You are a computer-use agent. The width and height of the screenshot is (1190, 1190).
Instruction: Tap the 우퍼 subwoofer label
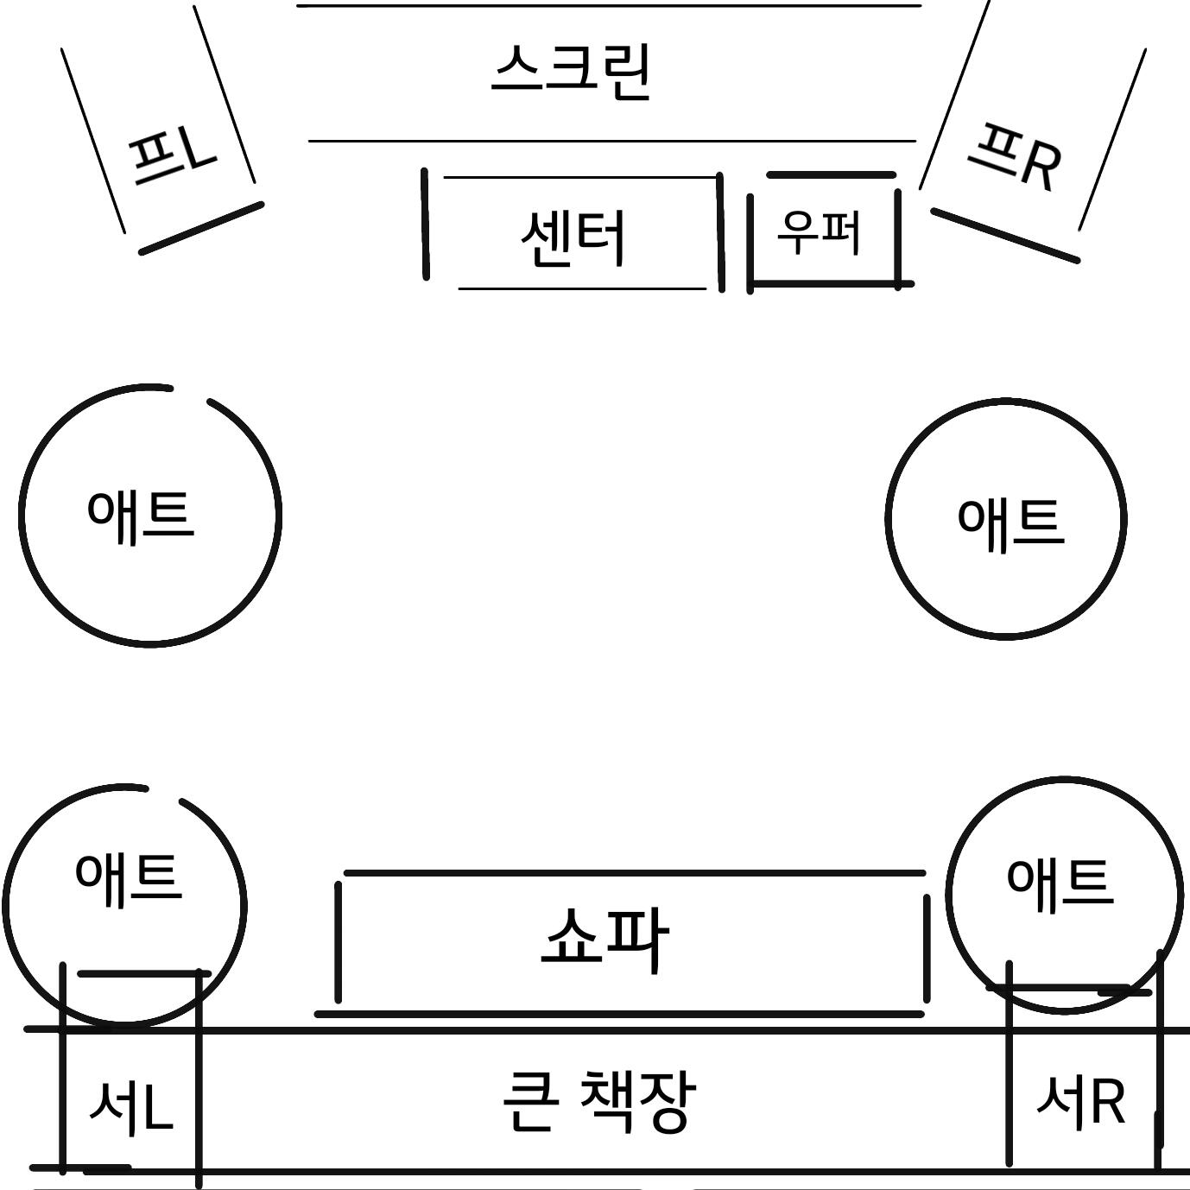(x=819, y=231)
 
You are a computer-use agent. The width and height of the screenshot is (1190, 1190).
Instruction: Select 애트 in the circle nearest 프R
(x=1010, y=522)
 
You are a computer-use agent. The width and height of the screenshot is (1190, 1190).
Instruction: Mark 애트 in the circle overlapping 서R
(x=1060, y=883)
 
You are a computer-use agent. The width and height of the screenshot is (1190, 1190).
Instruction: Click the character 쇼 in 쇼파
(x=573, y=939)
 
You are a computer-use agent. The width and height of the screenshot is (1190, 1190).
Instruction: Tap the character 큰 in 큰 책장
(x=528, y=1100)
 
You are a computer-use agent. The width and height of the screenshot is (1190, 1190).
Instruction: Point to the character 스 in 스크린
(x=519, y=68)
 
